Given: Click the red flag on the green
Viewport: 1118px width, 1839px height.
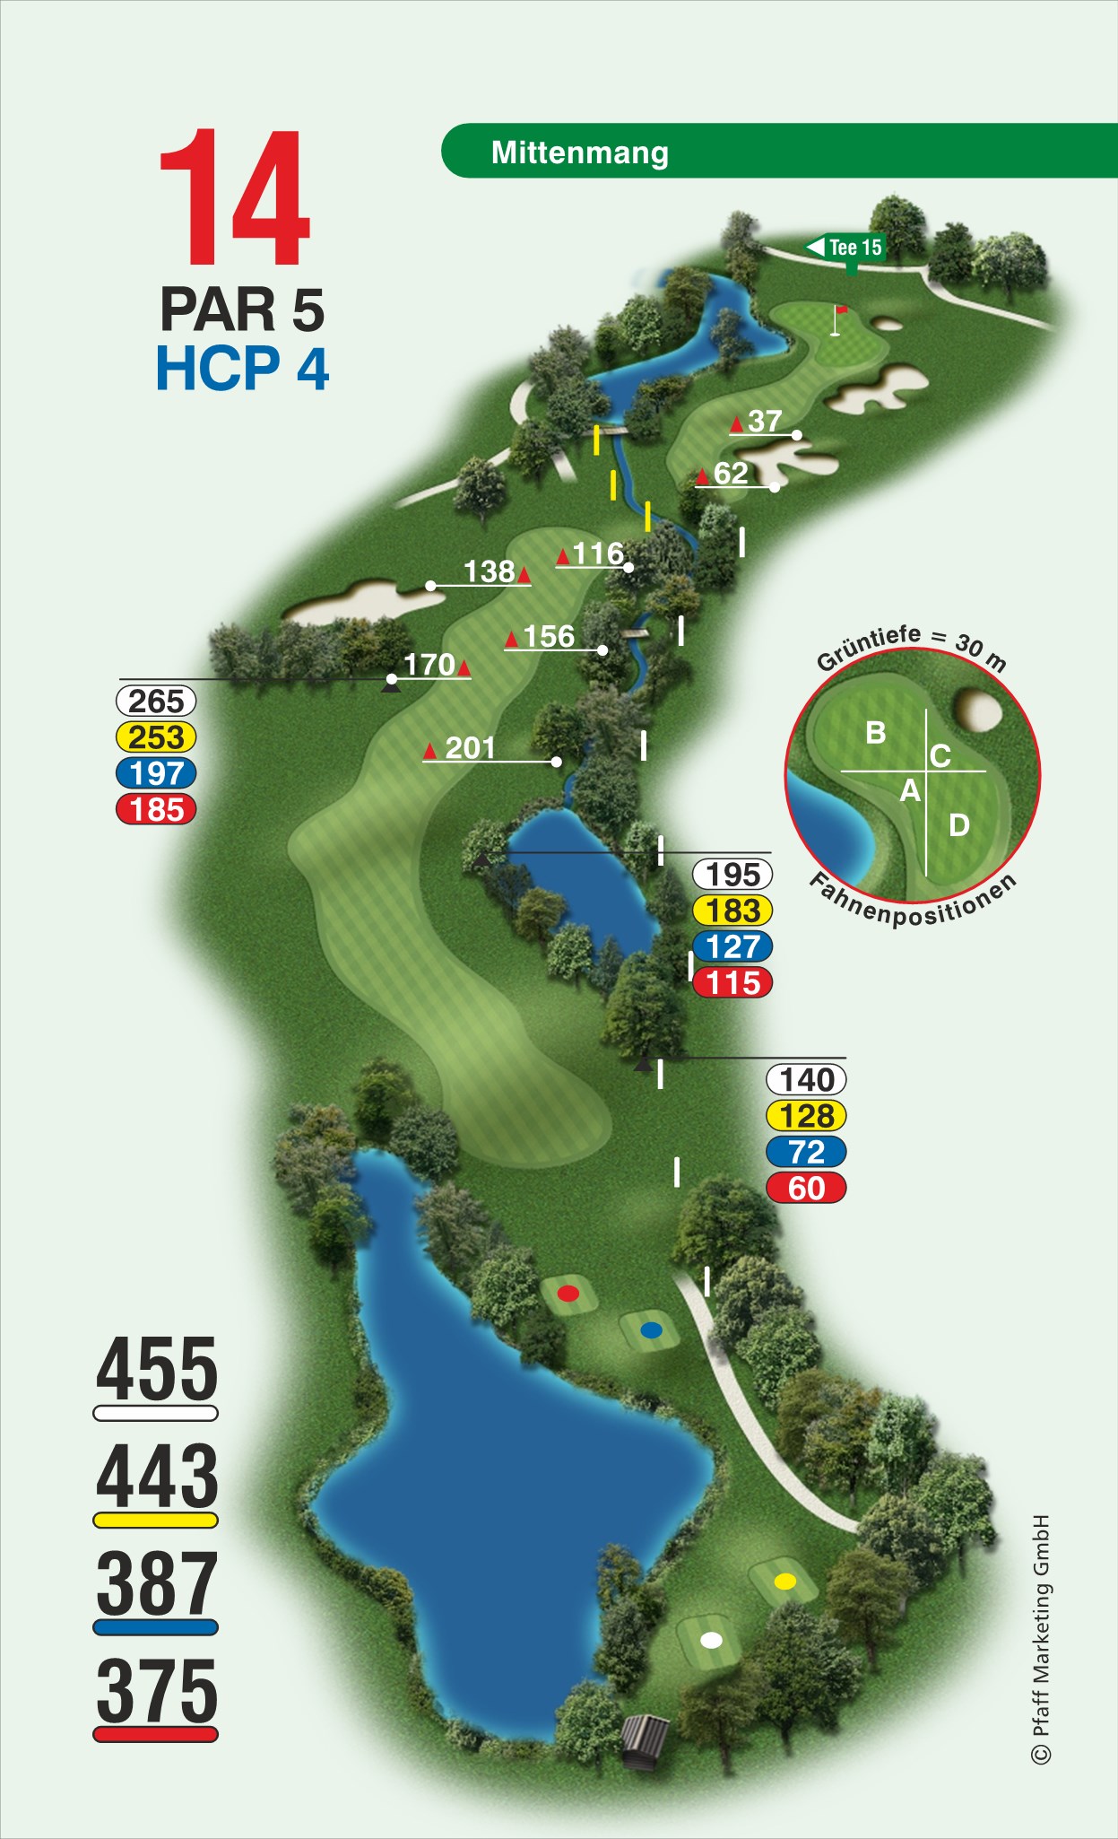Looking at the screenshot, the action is click(x=840, y=311).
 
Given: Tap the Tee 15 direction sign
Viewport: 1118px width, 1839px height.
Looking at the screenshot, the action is click(x=846, y=248).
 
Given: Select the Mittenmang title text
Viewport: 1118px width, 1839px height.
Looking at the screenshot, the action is click(x=579, y=153).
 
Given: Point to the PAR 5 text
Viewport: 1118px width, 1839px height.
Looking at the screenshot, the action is click(x=242, y=309).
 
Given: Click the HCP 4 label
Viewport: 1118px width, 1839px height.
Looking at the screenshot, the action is click(x=242, y=369).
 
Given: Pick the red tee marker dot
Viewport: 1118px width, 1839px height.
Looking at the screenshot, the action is click(x=568, y=1293).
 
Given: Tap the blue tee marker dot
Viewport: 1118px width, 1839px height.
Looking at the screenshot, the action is click(x=651, y=1329).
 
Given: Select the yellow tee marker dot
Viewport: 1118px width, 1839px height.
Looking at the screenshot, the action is click(x=784, y=1582).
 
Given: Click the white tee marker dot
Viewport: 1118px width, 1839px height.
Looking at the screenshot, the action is click(x=711, y=1641).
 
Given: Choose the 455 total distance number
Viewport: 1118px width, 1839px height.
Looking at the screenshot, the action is click(x=157, y=1369).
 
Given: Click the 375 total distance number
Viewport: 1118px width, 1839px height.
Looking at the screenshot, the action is click(x=157, y=1690).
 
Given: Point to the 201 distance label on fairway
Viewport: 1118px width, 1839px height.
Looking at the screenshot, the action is click(x=470, y=748).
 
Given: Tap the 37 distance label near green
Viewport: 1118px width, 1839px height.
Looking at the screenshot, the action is click(x=765, y=421).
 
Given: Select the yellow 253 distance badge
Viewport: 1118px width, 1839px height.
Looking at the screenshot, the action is click(x=156, y=737).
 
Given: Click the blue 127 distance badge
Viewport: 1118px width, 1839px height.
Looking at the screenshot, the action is click(x=732, y=946).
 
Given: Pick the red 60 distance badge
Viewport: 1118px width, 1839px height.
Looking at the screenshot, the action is click(x=806, y=1188).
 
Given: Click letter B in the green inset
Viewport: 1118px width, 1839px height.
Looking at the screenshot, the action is click(x=876, y=733).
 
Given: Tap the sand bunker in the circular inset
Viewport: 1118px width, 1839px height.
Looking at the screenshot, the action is click(x=977, y=709).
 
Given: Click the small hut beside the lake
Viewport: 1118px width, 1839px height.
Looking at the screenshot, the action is click(x=646, y=1742).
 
